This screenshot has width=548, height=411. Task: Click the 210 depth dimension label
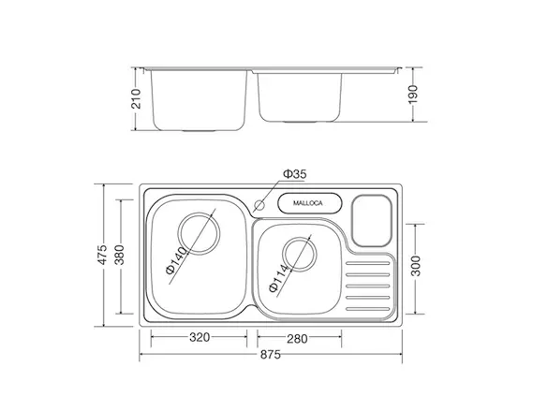(137, 99)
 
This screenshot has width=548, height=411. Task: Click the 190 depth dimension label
(413, 94)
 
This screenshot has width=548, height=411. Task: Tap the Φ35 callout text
(295, 174)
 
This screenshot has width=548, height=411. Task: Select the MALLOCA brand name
(308, 203)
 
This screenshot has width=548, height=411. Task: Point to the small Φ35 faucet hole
(259, 205)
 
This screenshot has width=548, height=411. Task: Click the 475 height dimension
(102, 255)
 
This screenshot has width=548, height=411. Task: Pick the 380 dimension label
(119, 255)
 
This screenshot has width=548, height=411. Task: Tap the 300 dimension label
(416, 266)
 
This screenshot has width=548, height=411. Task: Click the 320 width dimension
(200, 337)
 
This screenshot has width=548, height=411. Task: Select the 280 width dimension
(297, 339)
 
